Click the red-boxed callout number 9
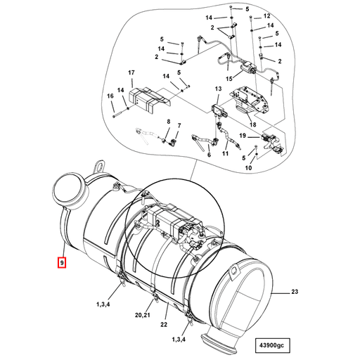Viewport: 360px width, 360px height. [63, 263]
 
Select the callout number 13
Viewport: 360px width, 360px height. [218, 89]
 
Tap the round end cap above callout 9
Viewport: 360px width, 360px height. [70, 191]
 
